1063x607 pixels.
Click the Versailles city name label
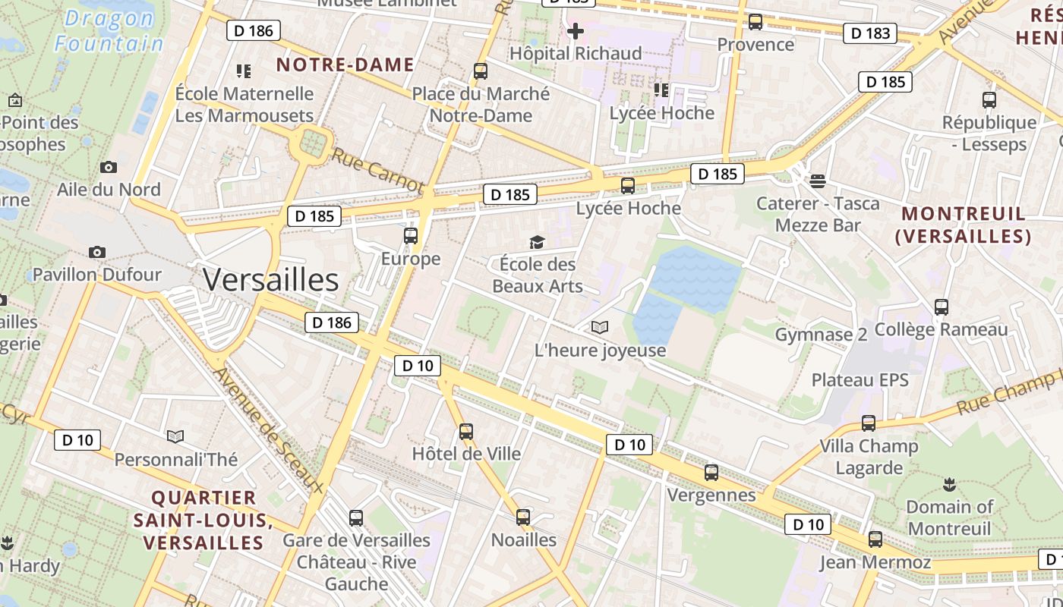270,280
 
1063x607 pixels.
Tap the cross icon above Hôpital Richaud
576,31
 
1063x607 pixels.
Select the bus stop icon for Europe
411,235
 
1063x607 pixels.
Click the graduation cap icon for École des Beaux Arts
538,242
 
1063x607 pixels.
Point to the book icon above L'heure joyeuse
600,328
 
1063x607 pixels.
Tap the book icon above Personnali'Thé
175,436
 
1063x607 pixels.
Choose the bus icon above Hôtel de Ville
466,431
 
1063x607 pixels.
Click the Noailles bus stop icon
523,517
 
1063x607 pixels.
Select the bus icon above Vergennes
711,472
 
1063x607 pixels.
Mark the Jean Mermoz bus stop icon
875,539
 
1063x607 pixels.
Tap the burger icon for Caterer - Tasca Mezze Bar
817,181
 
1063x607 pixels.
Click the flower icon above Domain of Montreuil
948,483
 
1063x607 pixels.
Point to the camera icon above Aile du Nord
109,167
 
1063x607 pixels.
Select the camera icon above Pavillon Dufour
97,252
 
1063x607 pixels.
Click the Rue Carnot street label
377,169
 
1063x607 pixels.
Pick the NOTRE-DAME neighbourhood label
345,64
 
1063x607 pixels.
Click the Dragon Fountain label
109,31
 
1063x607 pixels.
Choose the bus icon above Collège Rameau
942,307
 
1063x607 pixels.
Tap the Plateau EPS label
860,380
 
